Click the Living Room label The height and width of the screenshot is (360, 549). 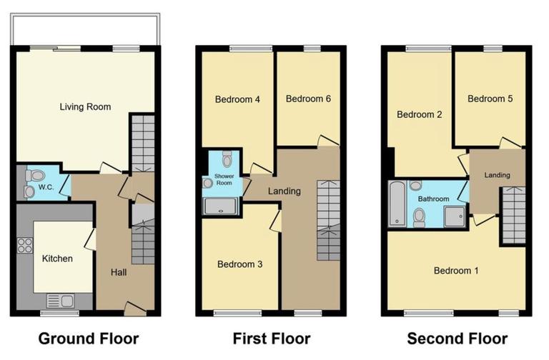(85, 107)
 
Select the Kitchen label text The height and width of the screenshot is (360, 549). (56, 259)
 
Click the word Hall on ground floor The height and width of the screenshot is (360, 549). (119, 272)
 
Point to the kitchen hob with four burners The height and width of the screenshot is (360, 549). (25, 245)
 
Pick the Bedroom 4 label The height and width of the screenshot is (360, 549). (237, 100)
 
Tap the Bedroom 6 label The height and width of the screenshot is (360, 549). (307, 99)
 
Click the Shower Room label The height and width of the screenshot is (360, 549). (224, 179)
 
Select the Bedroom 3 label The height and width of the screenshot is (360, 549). (239, 264)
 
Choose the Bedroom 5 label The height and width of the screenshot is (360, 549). (490, 99)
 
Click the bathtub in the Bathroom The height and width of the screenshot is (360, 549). (396, 204)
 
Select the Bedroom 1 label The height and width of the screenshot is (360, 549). (456, 271)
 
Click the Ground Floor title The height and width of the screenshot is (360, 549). (88, 338)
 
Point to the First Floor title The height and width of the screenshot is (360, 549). (272, 338)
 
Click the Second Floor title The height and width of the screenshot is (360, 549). (457, 338)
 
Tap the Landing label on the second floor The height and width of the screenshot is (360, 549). (497, 175)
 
